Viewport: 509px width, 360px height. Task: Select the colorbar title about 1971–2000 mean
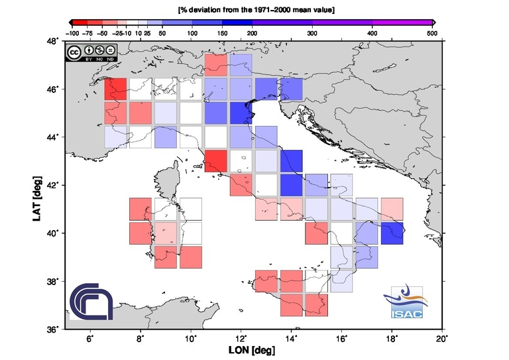coord(256,10)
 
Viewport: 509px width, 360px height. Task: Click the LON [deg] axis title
coord(256,349)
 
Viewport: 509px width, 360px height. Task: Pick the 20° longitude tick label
coord(443,339)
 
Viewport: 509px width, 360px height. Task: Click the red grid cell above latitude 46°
coord(215,64)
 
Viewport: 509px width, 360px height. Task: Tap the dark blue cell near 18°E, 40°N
coord(392,233)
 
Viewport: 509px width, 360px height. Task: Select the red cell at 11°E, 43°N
coord(215,161)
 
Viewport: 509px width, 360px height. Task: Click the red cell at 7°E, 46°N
coord(115,89)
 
